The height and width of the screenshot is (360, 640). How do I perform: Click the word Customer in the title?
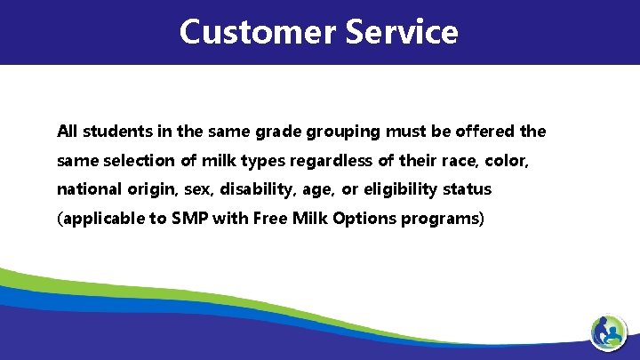coord(257,32)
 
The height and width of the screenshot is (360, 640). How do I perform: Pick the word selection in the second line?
coord(139,161)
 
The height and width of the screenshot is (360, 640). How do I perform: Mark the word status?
coord(468,189)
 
